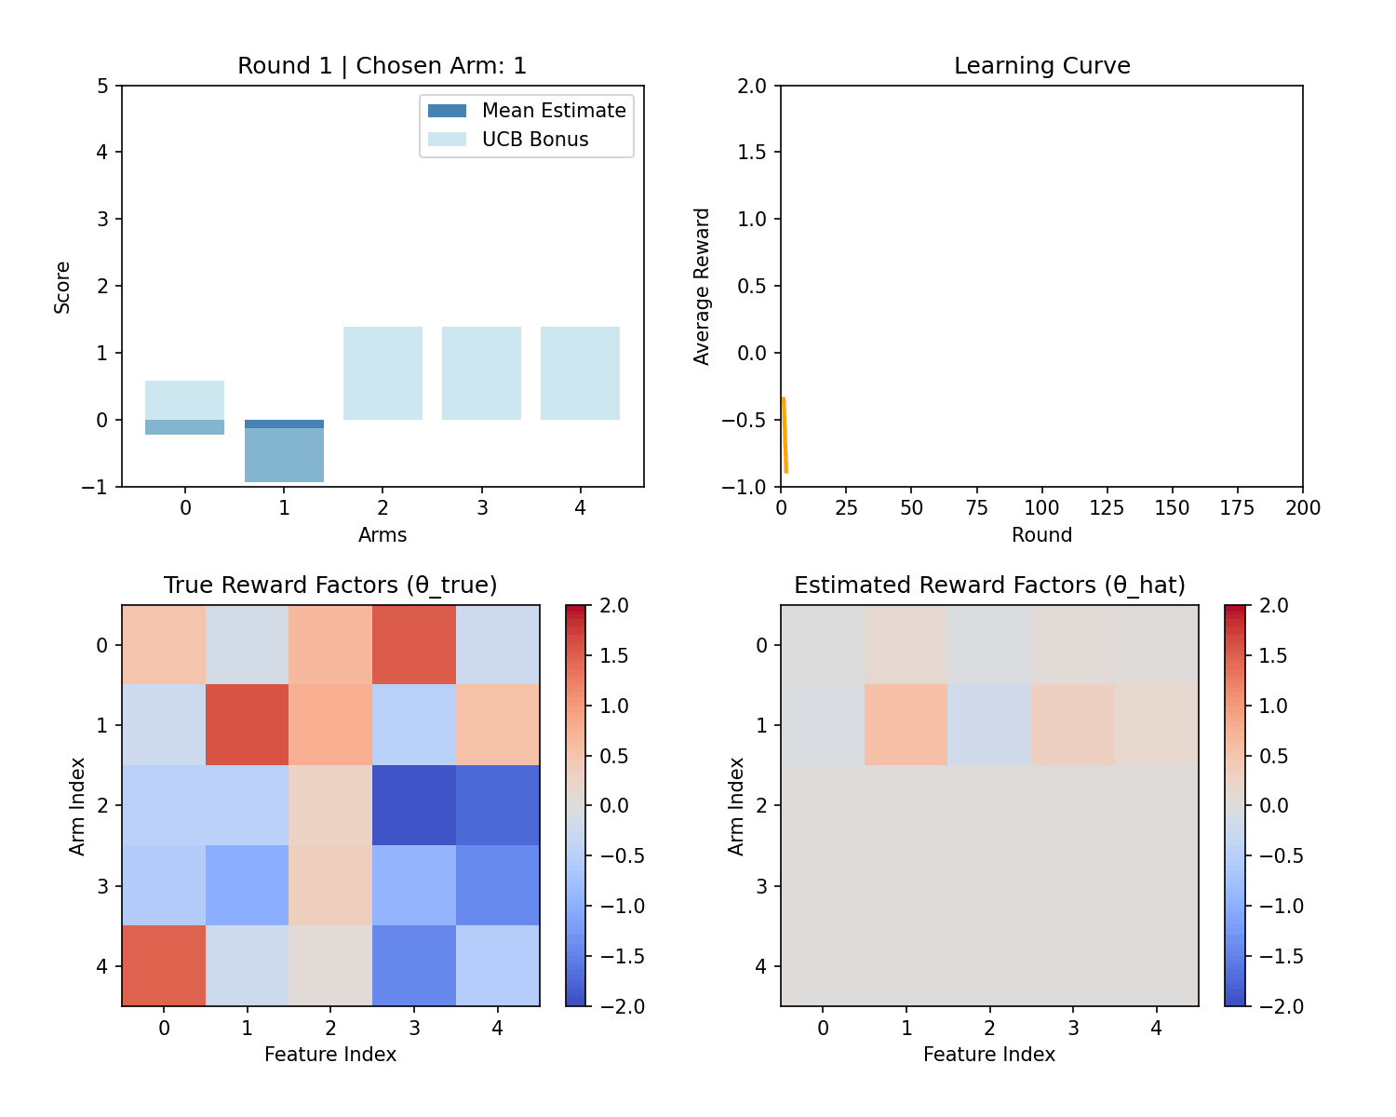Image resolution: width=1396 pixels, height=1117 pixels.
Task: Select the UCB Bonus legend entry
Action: [508, 140]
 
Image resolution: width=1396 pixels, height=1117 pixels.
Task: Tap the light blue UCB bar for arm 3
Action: [481, 373]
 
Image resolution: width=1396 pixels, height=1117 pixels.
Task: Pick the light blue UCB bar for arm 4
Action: [580, 373]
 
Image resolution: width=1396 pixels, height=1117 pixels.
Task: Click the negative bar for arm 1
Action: [284, 454]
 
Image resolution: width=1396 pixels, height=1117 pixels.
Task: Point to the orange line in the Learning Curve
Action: [785, 436]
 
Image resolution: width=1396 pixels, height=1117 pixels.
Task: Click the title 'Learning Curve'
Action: [1041, 66]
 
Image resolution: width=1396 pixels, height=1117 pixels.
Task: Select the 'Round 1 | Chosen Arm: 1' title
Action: [382, 66]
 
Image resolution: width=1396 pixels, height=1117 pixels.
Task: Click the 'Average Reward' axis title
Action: [702, 286]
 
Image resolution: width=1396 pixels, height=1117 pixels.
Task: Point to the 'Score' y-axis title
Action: [62, 287]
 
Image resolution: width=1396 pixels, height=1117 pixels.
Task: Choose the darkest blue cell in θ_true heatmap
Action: [414, 805]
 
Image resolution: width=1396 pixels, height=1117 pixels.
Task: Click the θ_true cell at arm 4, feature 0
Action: [164, 965]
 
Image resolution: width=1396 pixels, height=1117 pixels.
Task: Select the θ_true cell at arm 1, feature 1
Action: [247, 724]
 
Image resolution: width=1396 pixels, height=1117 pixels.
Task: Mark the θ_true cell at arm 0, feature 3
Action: [414, 644]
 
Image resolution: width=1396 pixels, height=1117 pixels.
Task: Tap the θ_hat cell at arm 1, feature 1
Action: [906, 724]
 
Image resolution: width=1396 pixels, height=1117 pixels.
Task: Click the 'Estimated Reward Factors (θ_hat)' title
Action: [989, 585]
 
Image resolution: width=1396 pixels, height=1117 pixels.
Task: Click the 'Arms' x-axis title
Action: [383, 535]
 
